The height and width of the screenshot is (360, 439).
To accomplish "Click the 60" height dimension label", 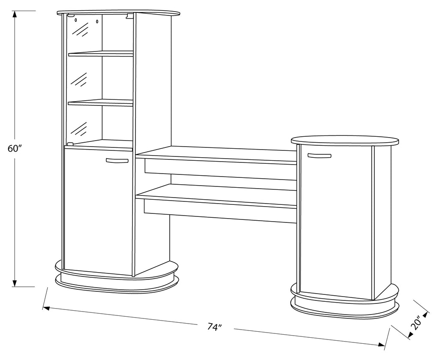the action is click(15, 149).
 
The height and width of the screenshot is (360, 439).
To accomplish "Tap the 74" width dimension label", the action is click(215, 327).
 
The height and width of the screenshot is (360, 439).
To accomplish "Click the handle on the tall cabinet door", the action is click(117, 160).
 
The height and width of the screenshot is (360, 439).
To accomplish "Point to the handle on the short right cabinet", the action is click(319, 156).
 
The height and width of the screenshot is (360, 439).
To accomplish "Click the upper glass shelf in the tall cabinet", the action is click(101, 54).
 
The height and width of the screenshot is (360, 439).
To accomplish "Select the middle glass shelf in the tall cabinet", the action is click(100, 102).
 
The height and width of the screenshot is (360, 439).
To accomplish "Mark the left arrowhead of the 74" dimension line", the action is click(46, 308).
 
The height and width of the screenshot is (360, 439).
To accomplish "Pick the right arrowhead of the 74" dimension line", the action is click(381, 345).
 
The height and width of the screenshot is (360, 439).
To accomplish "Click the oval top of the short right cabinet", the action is click(345, 141).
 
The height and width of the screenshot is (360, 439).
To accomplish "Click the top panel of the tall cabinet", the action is click(118, 13).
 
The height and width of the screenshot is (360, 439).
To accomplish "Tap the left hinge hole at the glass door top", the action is click(75, 20).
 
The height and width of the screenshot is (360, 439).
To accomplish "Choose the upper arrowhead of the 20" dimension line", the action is click(426, 314).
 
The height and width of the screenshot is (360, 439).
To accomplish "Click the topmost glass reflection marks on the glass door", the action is click(81, 30).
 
